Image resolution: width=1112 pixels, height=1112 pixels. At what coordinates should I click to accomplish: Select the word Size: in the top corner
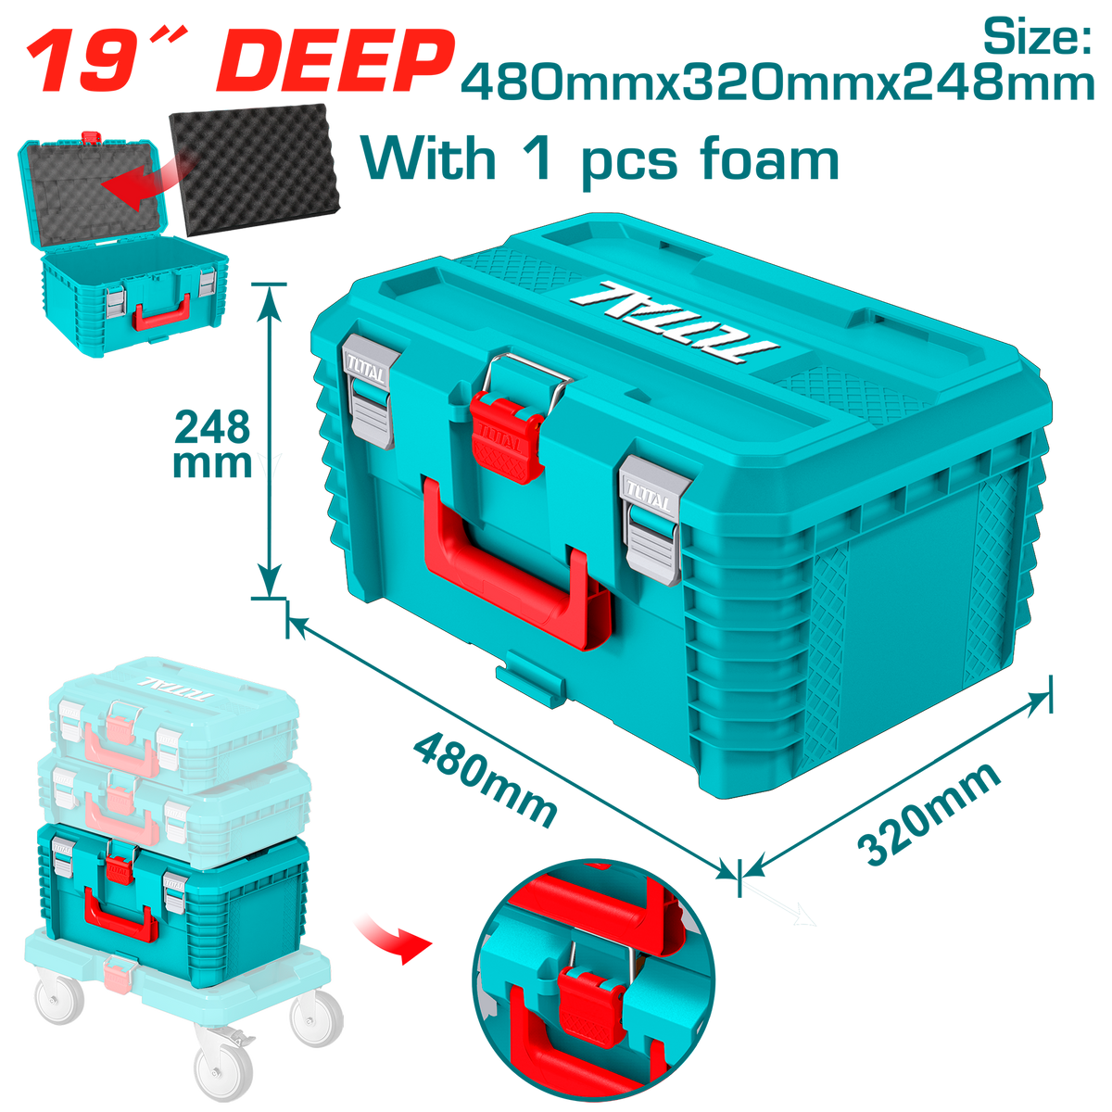point(1037,36)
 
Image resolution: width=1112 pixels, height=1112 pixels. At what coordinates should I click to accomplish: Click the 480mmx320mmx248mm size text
point(777,83)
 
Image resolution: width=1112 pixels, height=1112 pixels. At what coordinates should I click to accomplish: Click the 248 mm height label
point(212,445)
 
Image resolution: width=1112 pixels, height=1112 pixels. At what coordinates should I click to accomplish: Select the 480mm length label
point(485,779)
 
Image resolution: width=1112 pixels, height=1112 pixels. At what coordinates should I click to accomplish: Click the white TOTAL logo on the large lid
point(674,323)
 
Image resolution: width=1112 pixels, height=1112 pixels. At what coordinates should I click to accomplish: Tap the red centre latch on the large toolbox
point(508,436)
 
